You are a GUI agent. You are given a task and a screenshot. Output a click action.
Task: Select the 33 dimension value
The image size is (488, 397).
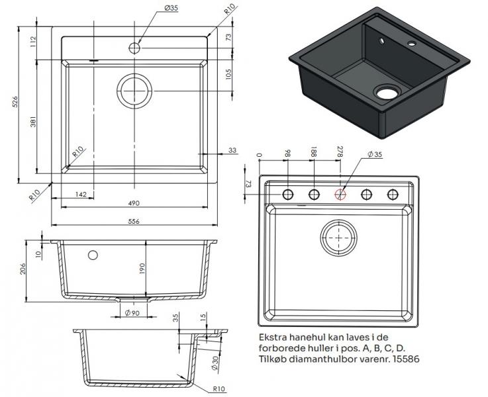(x=232, y=151)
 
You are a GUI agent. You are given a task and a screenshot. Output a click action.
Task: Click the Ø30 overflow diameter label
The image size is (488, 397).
(x=216, y=363)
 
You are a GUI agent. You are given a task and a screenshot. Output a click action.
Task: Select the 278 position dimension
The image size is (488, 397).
(x=340, y=152)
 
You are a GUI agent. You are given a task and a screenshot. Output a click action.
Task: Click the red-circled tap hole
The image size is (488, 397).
(x=340, y=194)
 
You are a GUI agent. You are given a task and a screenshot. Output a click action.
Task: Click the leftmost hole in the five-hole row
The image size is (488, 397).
(x=288, y=194)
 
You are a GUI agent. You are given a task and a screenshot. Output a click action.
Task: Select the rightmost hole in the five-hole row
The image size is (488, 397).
(x=393, y=194)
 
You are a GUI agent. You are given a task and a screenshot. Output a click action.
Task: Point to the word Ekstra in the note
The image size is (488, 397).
(x=272, y=337)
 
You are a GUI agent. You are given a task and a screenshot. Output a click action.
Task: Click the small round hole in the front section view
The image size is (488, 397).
(x=93, y=255)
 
